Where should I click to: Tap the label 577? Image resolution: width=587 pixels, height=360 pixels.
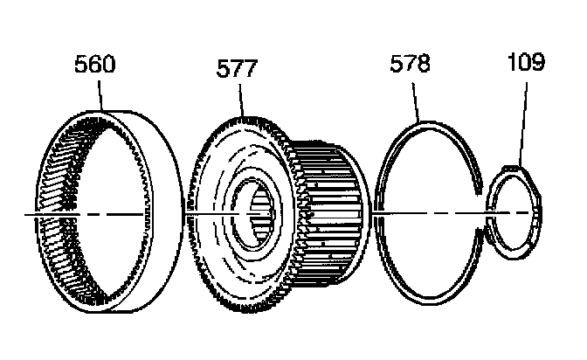click(x=237, y=69)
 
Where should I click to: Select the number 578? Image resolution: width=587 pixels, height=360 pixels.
click(x=411, y=64)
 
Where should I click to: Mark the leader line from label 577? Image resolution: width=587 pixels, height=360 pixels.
click(x=239, y=100)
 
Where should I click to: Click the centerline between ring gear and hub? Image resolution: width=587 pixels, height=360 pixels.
click(x=184, y=213)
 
